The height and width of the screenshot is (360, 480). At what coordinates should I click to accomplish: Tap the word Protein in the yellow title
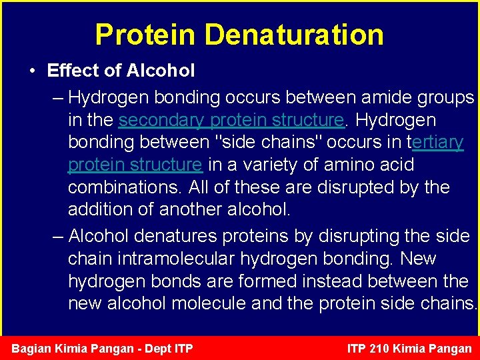click(146, 35)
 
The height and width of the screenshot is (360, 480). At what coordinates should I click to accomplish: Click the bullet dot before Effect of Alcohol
click(32, 71)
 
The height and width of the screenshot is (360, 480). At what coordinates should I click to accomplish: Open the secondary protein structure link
click(231, 120)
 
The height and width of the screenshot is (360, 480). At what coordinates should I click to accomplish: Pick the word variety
click(266, 165)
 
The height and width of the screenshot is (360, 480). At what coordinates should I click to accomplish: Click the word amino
click(337, 165)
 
